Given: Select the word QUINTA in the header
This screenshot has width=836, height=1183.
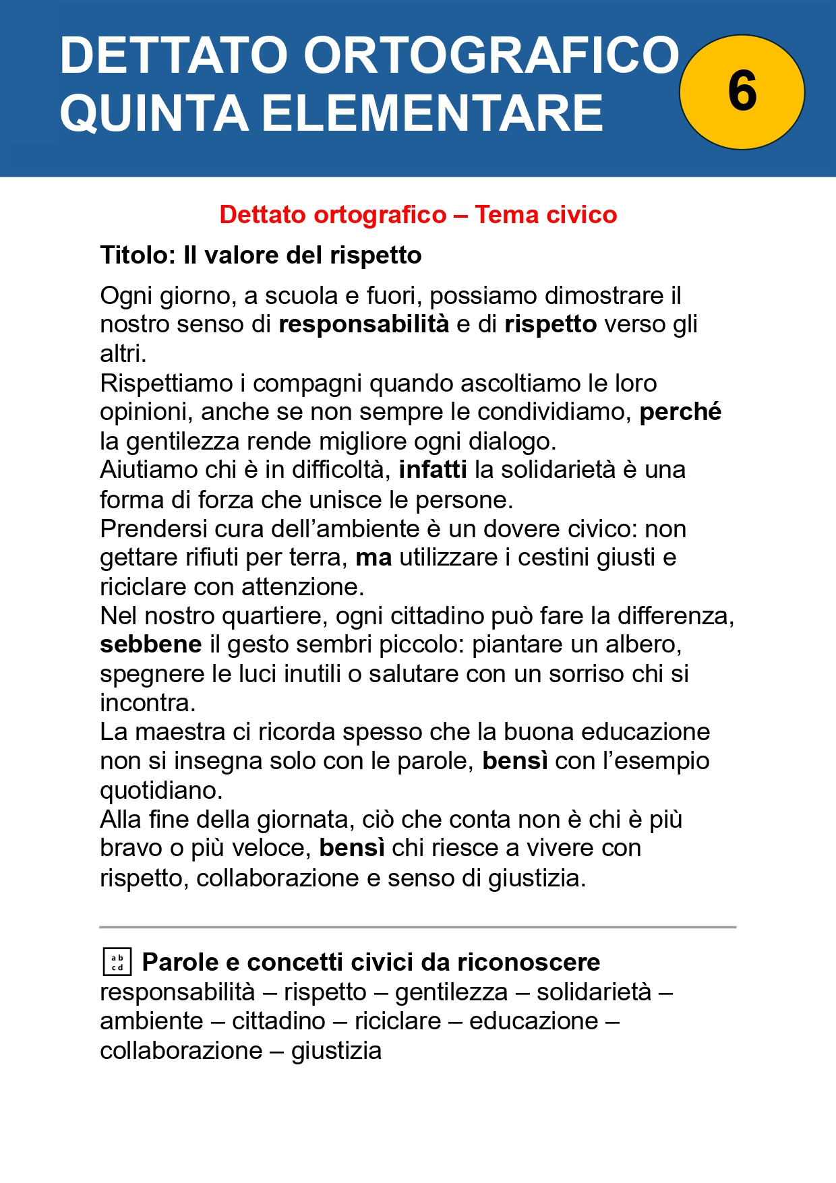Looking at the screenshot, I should [154, 113].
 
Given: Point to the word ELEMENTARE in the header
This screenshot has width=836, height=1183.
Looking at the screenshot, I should [432, 113].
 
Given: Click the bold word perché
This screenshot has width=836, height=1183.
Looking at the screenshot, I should [680, 411].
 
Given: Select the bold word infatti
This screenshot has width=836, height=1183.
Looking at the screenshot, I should [433, 469].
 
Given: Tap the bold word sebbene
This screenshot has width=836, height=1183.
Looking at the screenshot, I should [151, 644].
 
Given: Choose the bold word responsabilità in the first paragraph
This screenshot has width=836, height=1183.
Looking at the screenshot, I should [364, 324].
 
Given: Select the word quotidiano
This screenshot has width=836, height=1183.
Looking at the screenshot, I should [161, 790].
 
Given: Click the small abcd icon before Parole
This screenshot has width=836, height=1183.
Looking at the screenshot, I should [117, 962].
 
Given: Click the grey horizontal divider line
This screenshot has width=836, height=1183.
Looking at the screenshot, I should [418, 927].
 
